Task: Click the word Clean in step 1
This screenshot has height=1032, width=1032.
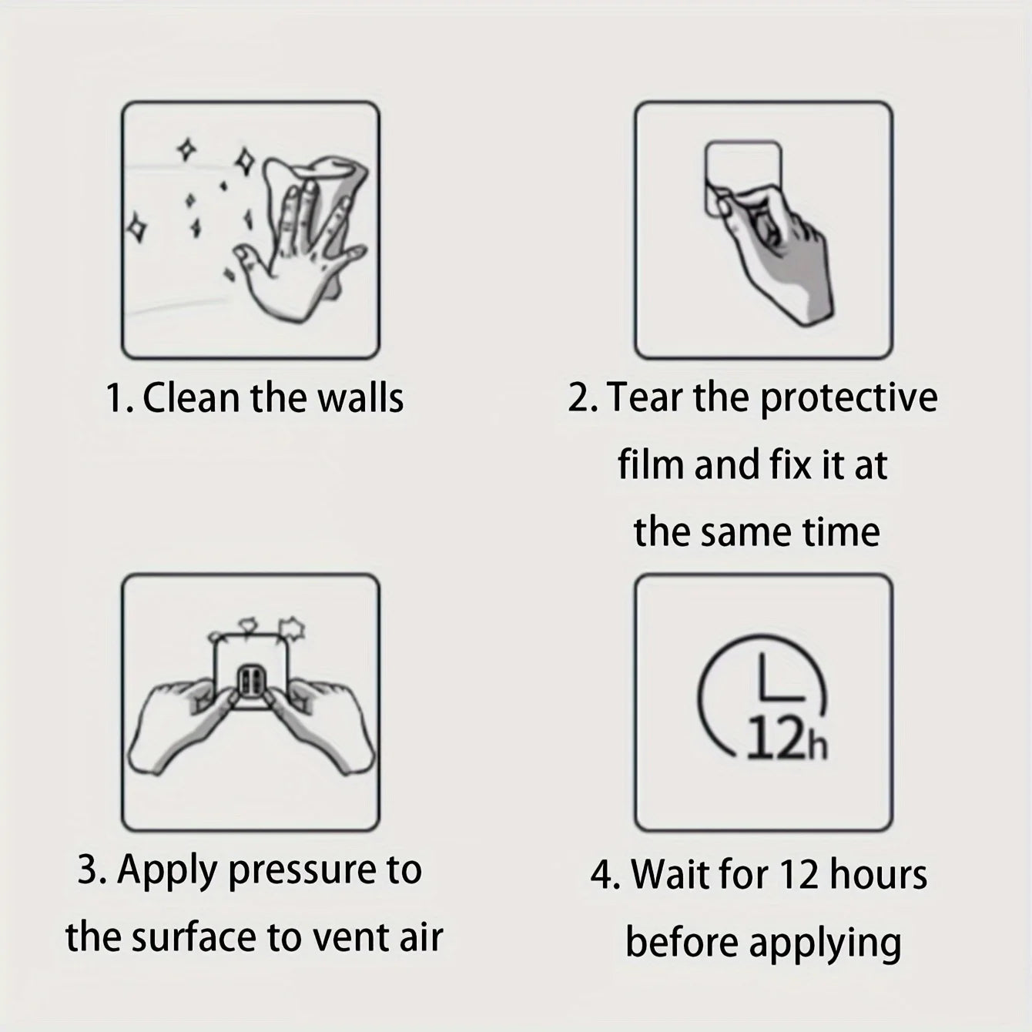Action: coord(191,398)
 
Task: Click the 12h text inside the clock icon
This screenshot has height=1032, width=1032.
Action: coord(786,739)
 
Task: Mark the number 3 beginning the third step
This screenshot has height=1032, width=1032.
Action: coord(87,869)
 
